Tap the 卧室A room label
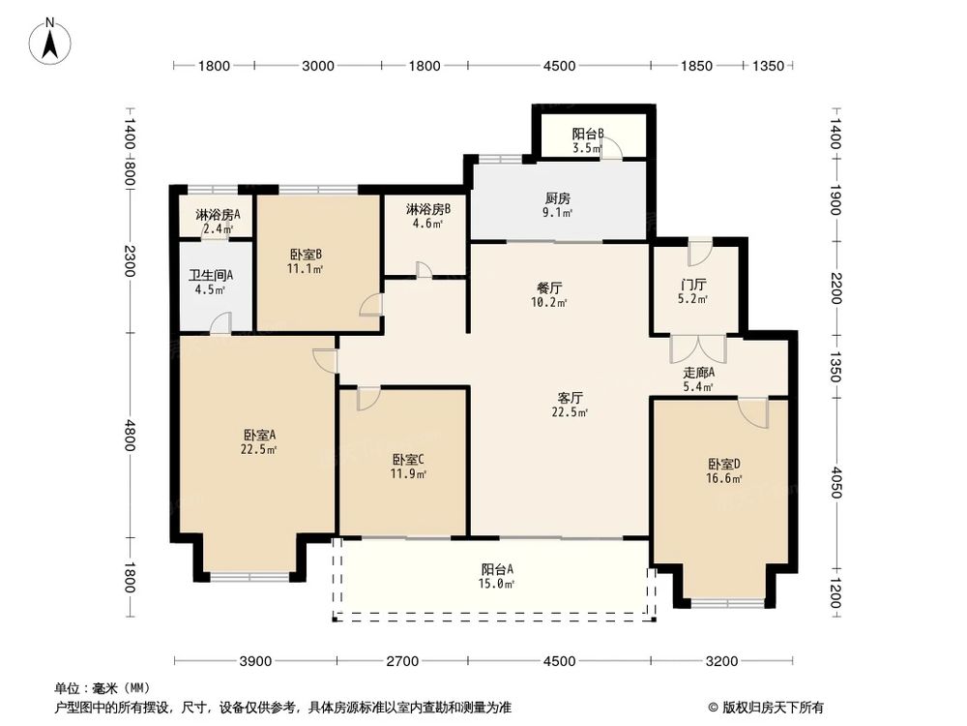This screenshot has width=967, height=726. coord(259,435)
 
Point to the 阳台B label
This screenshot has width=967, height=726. coord(587,135)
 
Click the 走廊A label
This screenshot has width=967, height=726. coord(698,373)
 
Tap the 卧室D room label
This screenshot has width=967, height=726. coord(724,464)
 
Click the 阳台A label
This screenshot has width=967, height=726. coord(497,569)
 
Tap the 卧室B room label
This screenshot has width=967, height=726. coord(306,255)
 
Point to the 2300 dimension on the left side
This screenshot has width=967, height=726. coord(131,260)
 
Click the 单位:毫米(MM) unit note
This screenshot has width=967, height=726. coord(100,688)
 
